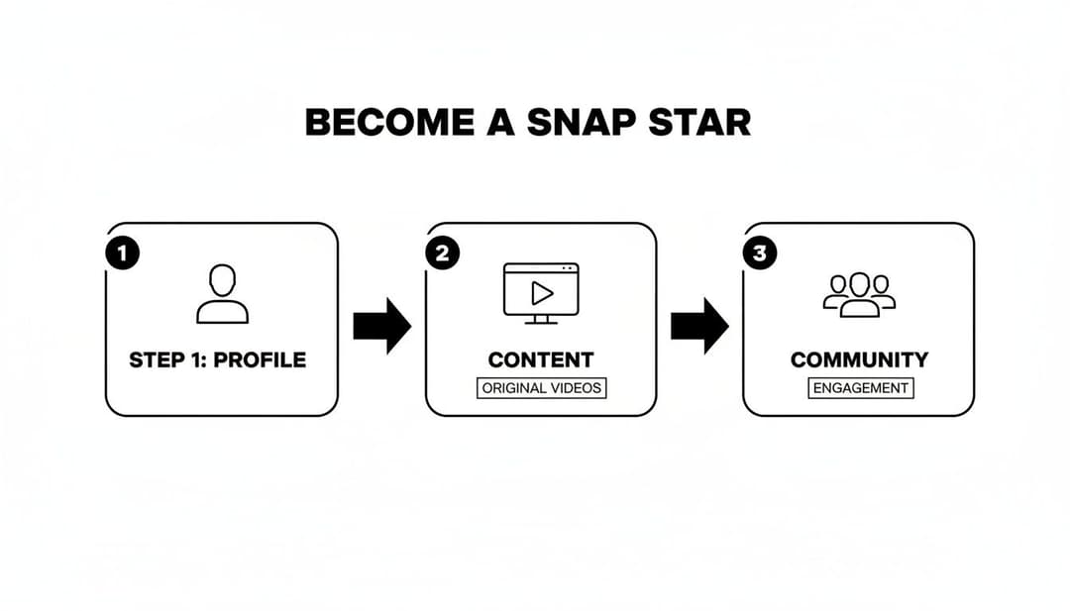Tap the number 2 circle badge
[x=442, y=254]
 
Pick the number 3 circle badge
[x=759, y=254]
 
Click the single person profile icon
[x=222, y=294]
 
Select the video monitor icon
[x=541, y=292]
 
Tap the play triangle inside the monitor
[x=542, y=292]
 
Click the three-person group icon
[x=859, y=294]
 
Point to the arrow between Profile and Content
[x=381, y=325]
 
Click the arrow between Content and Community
[x=699, y=325]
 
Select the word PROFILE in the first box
[x=260, y=359]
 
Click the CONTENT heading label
[x=541, y=359]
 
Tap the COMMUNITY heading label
[x=859, y=359]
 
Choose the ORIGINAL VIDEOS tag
[x=541, y=388]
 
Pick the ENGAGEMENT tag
[x=860, y=388]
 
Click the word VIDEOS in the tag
[x=574, y=388]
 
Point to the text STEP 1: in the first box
[x=167, y=359]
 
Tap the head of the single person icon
[x=222, y=279]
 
